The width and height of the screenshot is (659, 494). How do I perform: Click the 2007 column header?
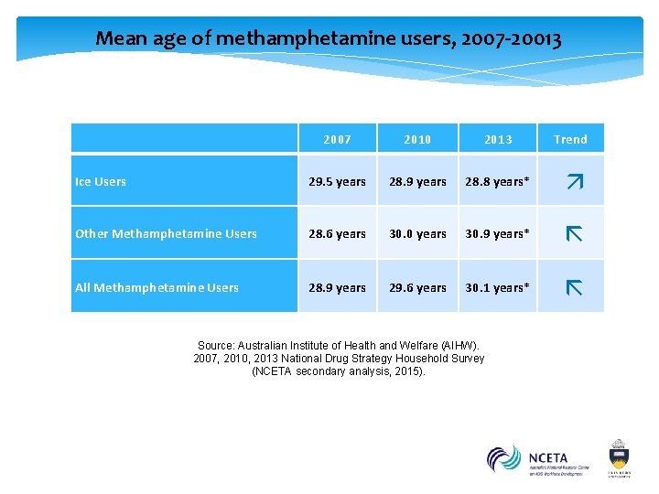337,139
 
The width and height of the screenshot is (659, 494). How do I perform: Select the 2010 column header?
417,139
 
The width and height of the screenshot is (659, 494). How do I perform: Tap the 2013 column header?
498,139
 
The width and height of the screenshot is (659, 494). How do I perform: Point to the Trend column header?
570,139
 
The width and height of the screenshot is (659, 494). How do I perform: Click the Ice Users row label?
101,181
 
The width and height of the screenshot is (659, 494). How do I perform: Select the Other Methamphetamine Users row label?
166,233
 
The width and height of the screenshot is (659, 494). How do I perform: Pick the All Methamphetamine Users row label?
157,287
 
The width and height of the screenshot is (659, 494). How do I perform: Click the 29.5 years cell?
337,181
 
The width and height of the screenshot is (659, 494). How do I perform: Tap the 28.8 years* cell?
497,181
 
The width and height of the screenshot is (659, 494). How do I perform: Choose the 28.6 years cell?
337,233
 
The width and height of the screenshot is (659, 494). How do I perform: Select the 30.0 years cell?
417,233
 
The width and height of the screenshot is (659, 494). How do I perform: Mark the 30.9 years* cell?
497,233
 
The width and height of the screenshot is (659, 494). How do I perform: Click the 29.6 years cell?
417,287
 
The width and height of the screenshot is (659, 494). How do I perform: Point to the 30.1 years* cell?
497,287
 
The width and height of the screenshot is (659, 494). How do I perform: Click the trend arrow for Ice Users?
574,182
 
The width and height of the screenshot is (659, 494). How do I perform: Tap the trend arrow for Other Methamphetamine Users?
574,234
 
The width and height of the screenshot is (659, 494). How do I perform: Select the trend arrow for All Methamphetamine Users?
574,288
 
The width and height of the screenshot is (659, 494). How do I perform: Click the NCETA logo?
538,459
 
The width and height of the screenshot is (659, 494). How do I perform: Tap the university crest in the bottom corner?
620,456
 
